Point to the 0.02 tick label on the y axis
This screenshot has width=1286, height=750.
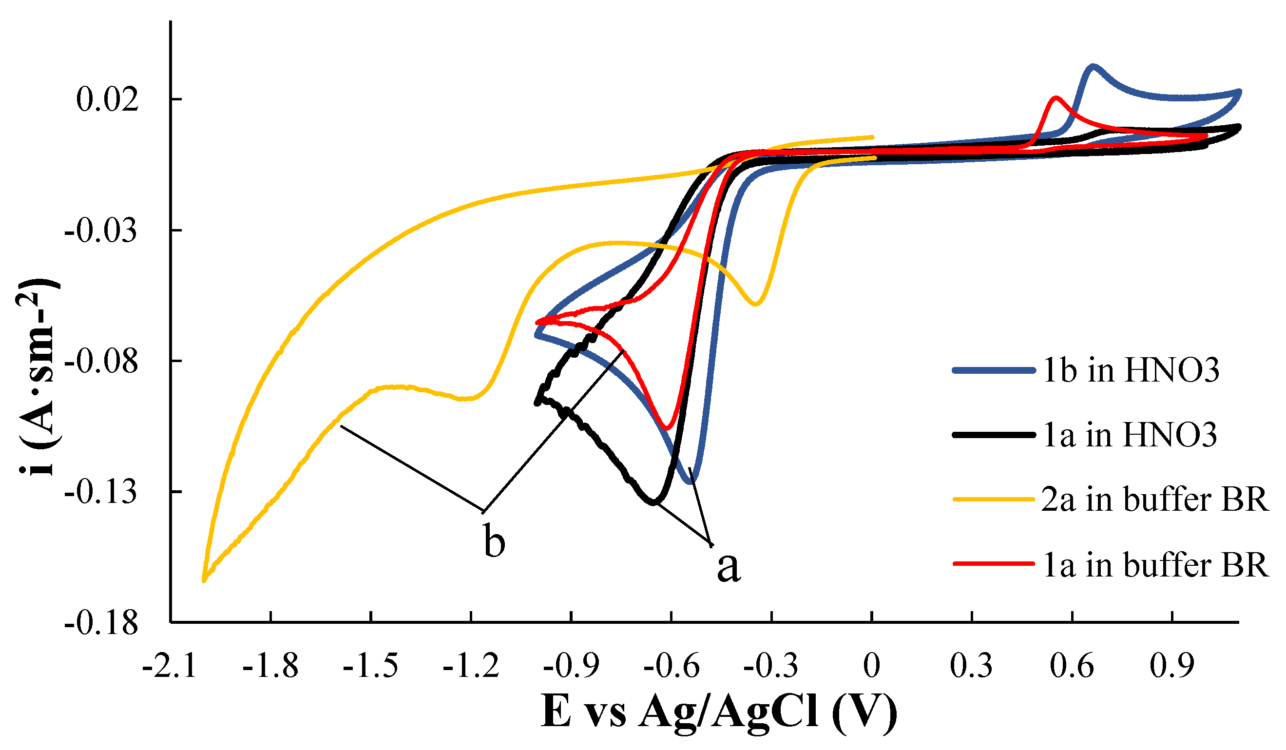tap(107, 99)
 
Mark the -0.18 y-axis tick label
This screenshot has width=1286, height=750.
tap(101, 623)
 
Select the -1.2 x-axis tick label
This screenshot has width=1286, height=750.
tap(471, 666)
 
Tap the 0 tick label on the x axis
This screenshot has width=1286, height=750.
tap(872, 666)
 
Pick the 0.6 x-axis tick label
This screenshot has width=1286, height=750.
tap(1072, 666)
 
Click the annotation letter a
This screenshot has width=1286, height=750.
tap(728, 567)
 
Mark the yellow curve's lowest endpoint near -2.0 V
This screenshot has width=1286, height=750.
tap(204, 580)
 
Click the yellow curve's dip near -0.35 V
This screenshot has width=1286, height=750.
tap(756, 305)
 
